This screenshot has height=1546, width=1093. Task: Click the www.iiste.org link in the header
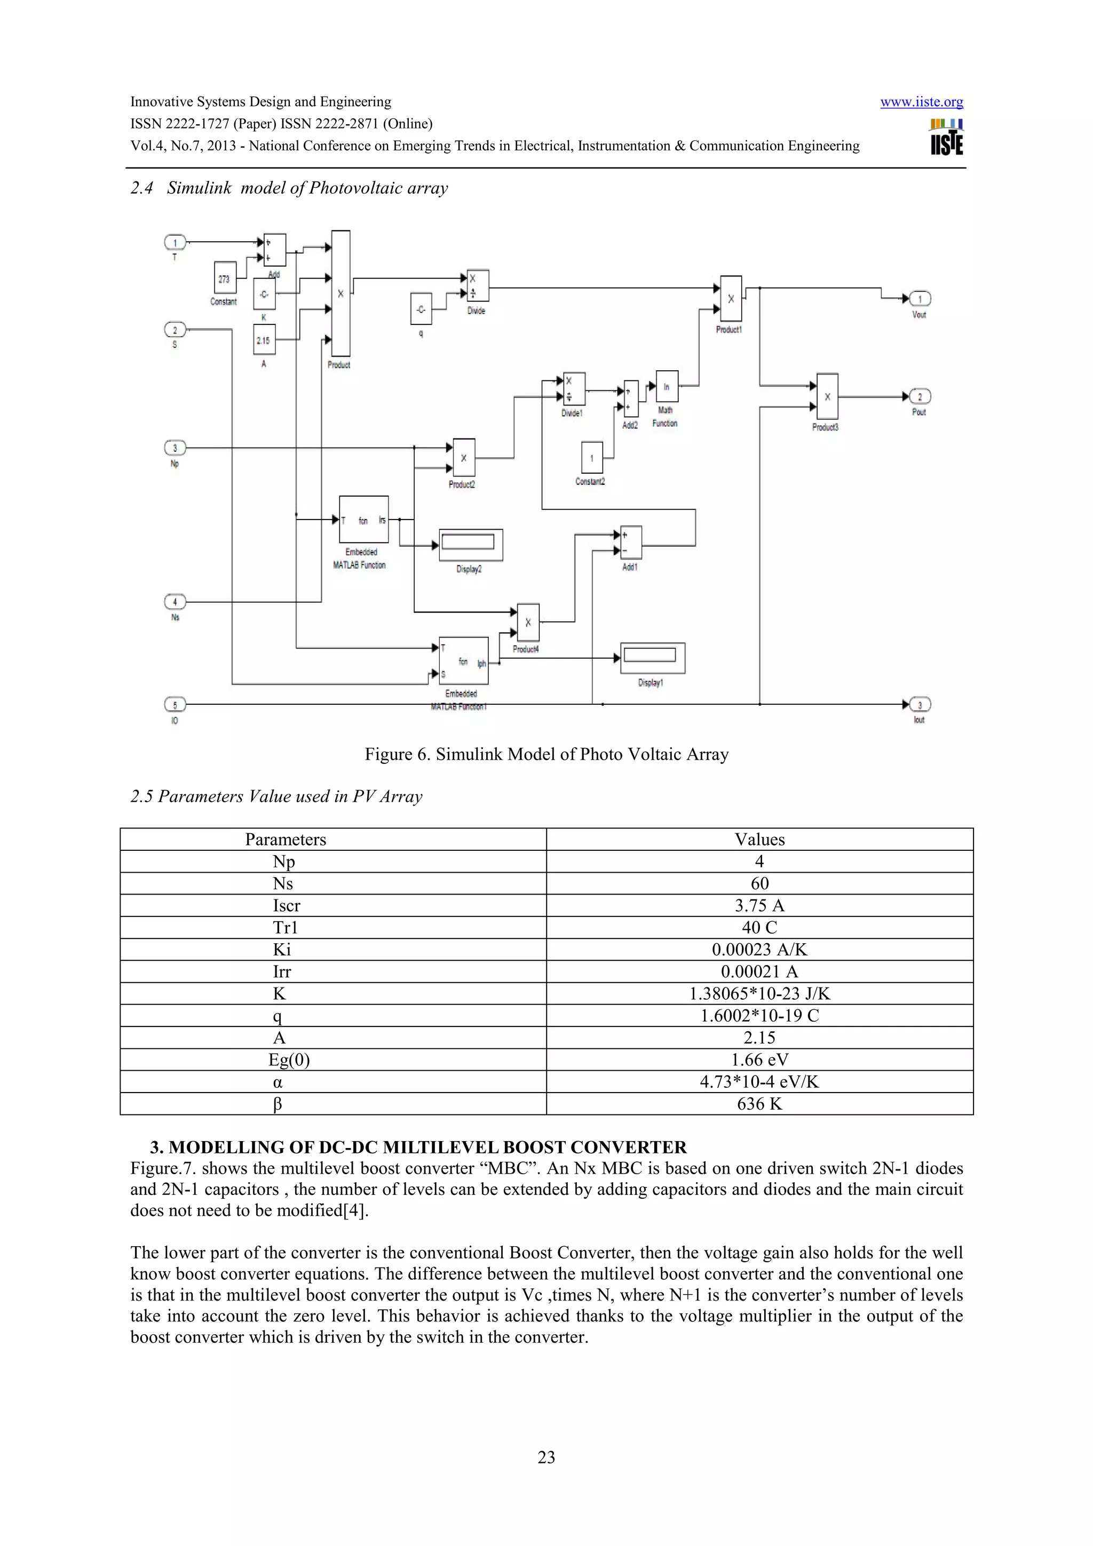(921, 102)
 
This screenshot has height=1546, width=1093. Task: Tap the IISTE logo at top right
(946, 137)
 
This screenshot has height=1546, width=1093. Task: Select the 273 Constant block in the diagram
(225, 278)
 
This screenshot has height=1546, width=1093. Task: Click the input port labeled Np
(175, 448)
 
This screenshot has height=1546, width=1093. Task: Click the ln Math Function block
(667, 386)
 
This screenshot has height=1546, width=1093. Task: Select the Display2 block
(471, 544)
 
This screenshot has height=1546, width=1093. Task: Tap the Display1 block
(652, 657)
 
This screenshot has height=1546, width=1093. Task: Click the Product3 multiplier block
(827, 396)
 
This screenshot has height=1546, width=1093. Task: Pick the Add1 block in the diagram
(631, 542)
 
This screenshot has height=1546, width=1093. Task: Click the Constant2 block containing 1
(592, 458)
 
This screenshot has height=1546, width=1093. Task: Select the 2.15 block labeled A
(263, 340)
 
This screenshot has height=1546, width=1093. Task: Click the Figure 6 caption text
(546, 754)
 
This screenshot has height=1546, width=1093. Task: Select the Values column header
(759, 839)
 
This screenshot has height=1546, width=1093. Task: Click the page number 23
(546, 1456)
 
